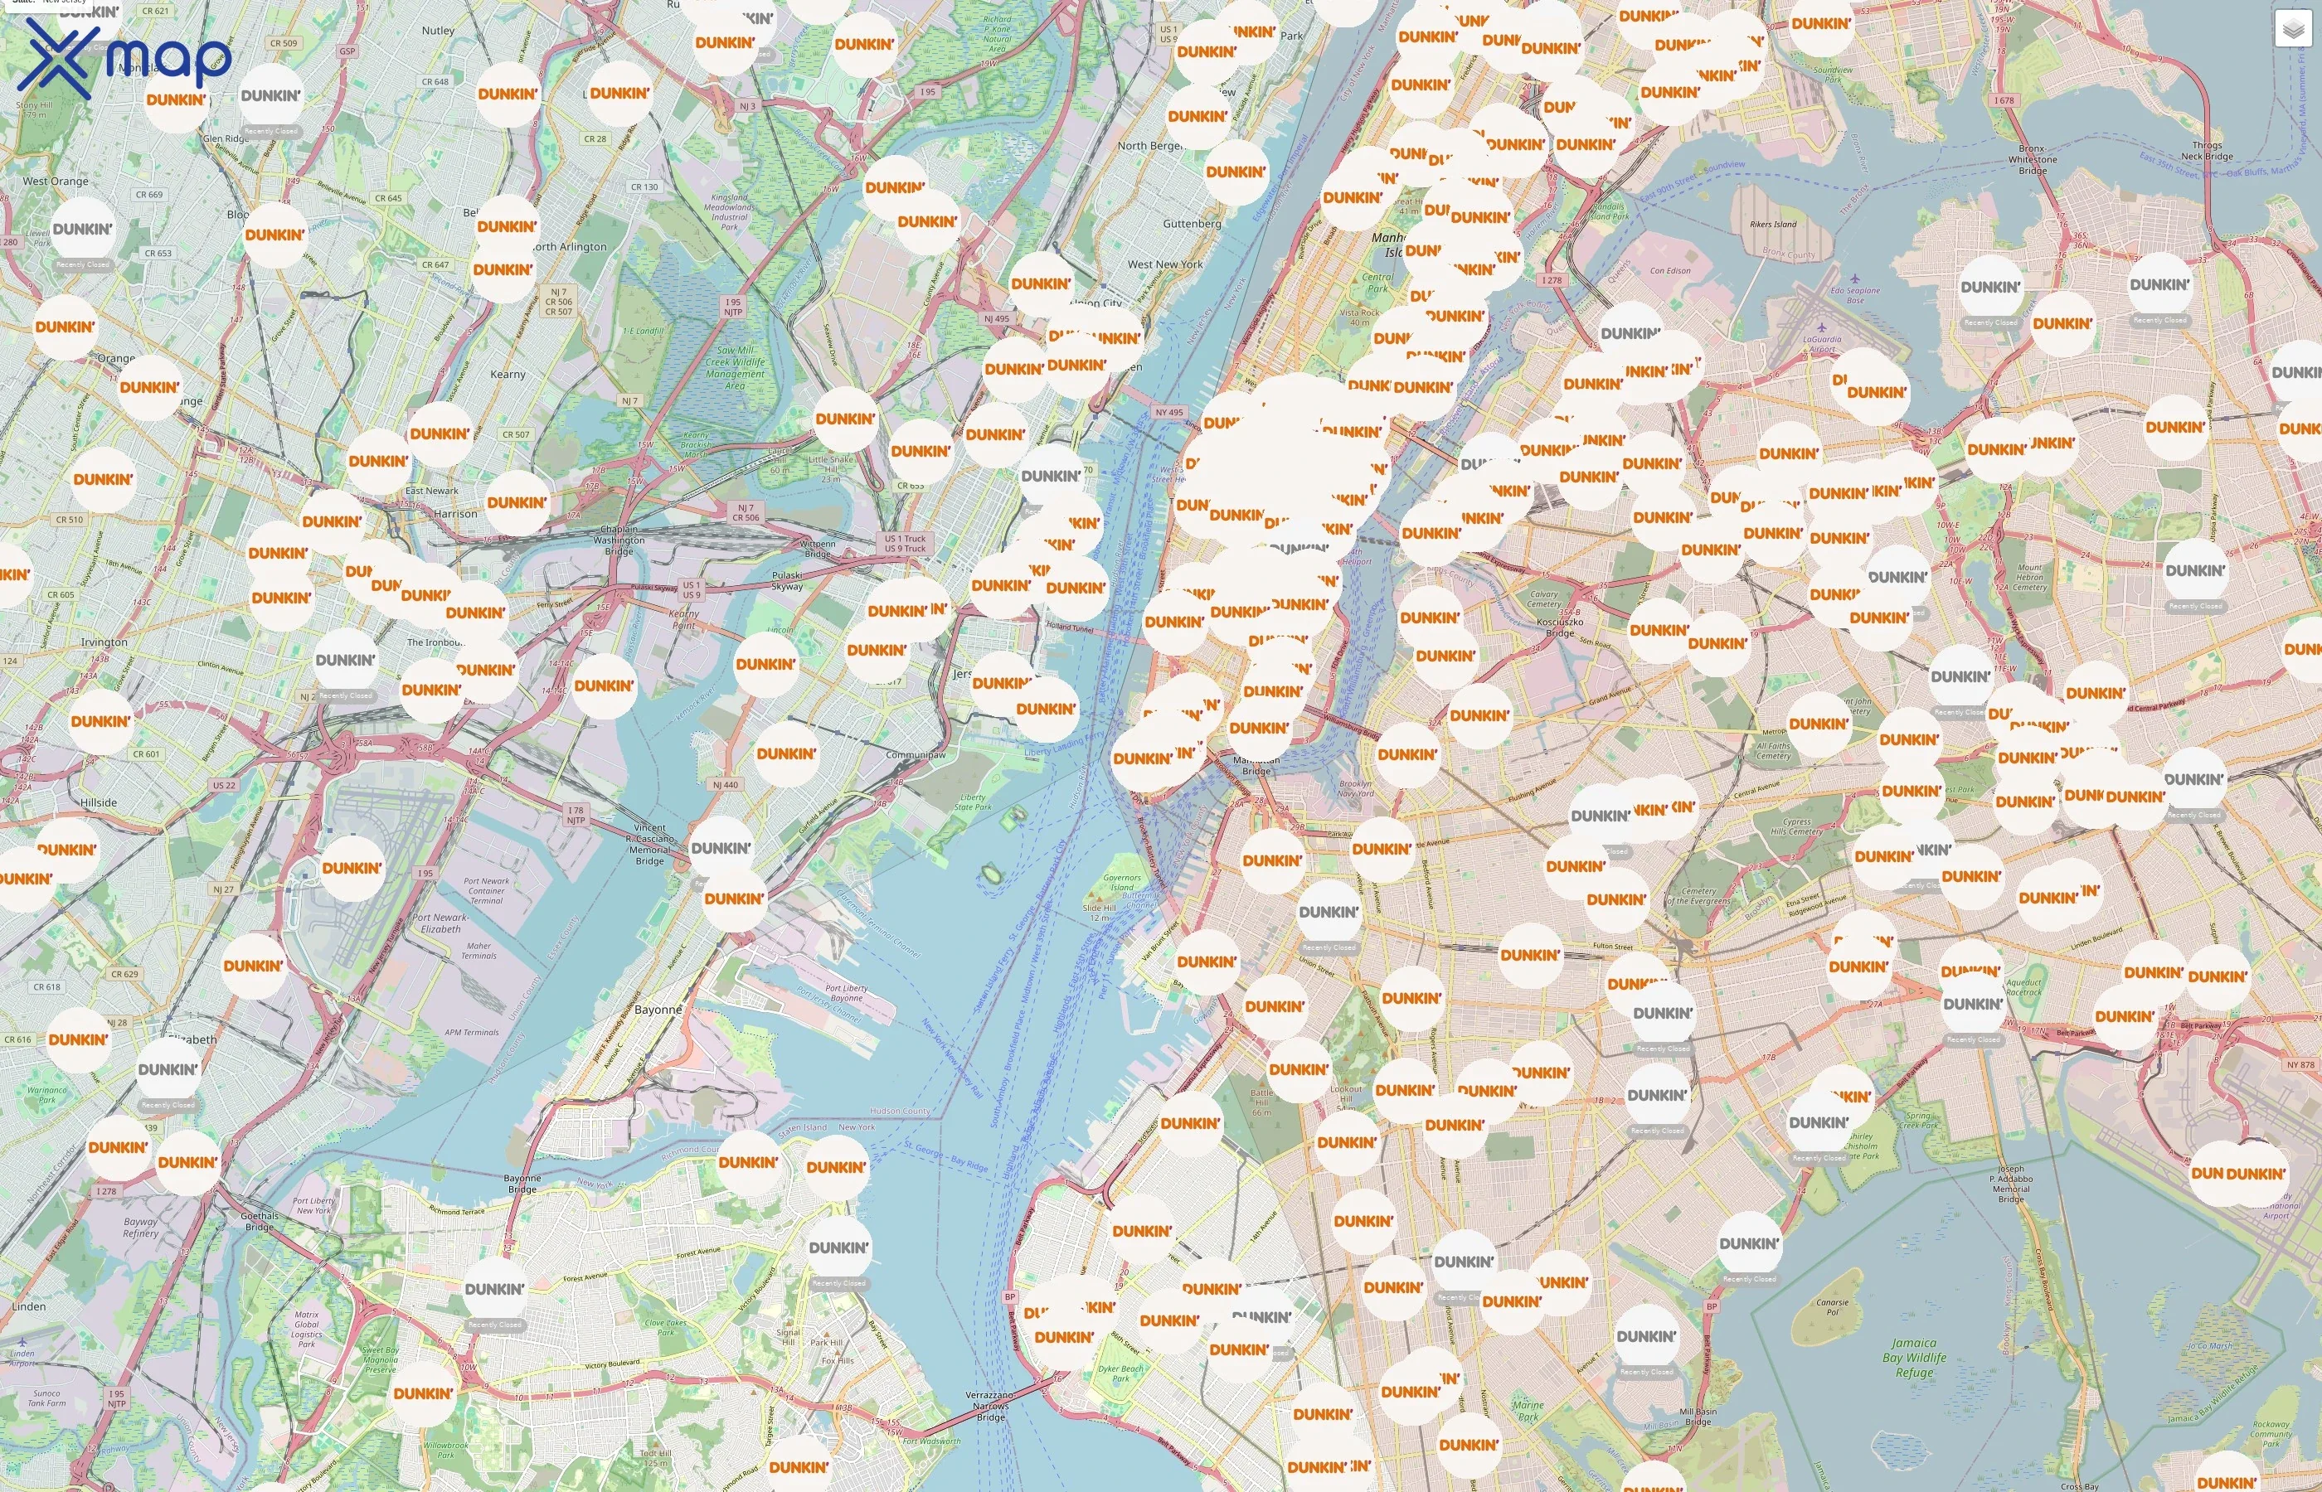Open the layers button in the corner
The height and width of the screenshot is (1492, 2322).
pyautogui.click(x=2292, y=29)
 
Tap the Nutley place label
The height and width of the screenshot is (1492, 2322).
pyautogui.click(x=438, y=31)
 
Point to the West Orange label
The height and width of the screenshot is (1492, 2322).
pyautogui.click(x=56, y=182)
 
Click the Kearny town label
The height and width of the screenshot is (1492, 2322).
pyautogui.click(x=508, y=374)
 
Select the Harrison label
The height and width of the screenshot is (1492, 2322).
pyautogui.click(x=455, y=513)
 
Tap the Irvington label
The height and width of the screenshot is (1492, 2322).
pyautogui.click(x=104, y=642)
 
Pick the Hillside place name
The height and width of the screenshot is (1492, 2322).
pyautogui.click(x=99, y=802)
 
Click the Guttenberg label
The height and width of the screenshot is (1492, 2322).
pyautogui.click(x=1192, y=224)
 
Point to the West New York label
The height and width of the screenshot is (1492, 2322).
pyautogui.click(x=1165, y=264)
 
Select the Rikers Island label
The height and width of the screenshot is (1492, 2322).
pyautogui.click(x=1772, y=224)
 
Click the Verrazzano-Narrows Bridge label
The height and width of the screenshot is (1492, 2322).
pyautogui.click(x=990, y=1406)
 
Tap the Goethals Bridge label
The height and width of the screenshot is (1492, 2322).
pyautogui.click(x=259, y=1221)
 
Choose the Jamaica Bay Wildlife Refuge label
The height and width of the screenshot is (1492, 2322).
pyautogui.click(x=1914, y=1358)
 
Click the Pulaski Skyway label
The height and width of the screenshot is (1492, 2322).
pyautogui.click(x=786, y=580)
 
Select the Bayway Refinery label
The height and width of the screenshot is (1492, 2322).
pyautogui.click(x=140, y=1228)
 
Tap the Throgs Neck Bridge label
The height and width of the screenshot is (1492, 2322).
pyautogui.click(x=2207, y=150)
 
